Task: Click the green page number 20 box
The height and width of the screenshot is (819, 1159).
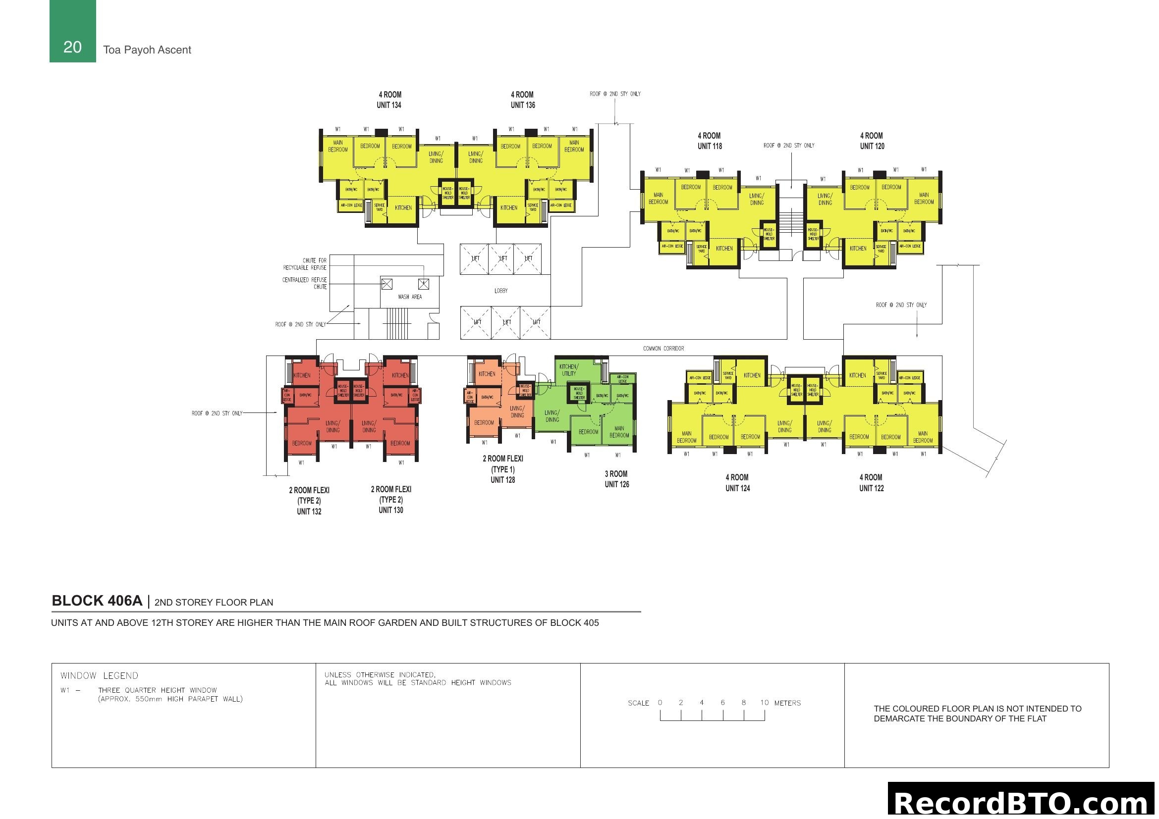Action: click(72, 31)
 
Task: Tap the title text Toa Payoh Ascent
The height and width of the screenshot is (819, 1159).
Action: click(147, 50)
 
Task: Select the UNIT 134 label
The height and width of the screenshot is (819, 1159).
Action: click(388, 105)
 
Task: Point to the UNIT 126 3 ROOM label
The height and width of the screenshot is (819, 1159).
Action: click(616, 479)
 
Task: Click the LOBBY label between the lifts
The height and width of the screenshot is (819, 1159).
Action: click(501, 291)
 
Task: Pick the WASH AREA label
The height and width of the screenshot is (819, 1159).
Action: click(409, 297)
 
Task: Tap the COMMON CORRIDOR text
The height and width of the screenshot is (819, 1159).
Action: click(663, 349)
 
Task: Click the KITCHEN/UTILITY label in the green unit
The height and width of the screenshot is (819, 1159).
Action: click(568, 370)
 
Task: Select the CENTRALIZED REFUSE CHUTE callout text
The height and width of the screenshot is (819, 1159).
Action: click(304, 283)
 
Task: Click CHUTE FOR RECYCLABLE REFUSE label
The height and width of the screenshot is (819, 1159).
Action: click(305, 264)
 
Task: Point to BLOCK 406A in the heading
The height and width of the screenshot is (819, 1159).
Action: click(97, 601)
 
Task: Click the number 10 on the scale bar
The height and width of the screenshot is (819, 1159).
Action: click(764, 703)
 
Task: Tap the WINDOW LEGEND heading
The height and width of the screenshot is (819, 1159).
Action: click(99, 676)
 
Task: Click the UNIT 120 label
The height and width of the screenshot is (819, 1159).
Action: click(872, 146)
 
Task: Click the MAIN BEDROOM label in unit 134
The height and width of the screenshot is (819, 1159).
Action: click(338, 146)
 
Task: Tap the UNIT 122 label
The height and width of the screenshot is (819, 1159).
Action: click(871, 488)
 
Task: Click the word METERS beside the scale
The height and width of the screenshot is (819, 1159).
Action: click(787, 703)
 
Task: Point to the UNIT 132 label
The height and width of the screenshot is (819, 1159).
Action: click(309, 512)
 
